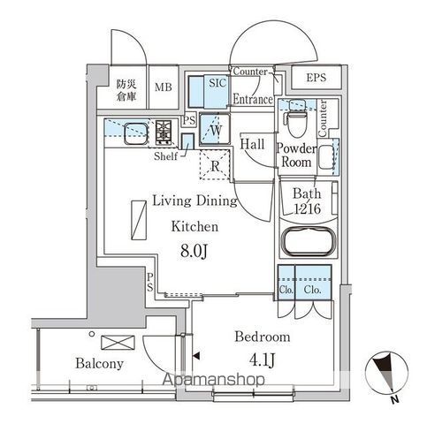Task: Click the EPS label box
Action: tap(316, 79)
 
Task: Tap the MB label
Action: tap(163, 87)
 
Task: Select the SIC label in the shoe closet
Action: tap(218, 82)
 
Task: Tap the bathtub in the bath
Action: tap(307, 243)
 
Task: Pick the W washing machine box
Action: tap(214, 130)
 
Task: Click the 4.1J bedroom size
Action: tap(260, 361)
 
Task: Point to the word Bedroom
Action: tap(262, 337)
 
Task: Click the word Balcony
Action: tap(100, 364)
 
